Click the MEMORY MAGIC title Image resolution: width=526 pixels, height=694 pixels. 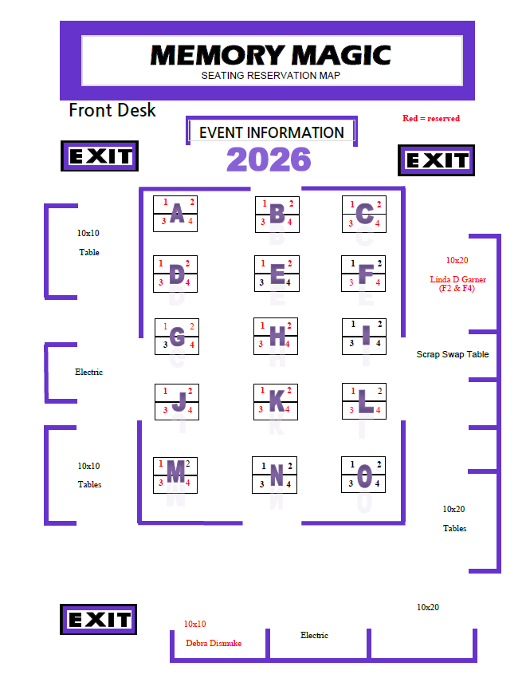(x=270, y=55)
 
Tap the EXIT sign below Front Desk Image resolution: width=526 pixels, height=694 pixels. (x=100, y=156)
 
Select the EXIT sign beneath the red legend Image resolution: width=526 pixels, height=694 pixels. (x=436, y=160)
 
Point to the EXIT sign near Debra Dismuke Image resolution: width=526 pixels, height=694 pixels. (x=99, y=619)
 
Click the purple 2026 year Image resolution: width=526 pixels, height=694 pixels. (x=269, y=160)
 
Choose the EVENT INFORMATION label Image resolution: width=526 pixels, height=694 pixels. (x=272, y=132)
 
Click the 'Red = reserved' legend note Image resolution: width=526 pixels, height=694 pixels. (x=431, y=118)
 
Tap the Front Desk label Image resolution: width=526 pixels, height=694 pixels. (x=112, y=110)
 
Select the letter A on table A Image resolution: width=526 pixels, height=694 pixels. (x=177, y=213)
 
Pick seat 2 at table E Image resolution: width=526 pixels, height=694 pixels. (x=289, y=263)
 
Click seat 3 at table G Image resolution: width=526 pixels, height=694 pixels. (x=165, y=345)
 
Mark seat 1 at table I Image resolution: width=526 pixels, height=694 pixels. (x=353, y=324)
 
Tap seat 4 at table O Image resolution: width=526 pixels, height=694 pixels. (x=377, y=483)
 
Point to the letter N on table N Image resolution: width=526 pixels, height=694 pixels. (x=277, y=475)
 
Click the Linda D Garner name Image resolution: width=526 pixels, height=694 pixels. (x=458, y=279)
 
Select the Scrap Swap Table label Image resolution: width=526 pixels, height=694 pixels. (x=453, y=354)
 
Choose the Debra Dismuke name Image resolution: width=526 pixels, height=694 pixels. (x=214, y=643)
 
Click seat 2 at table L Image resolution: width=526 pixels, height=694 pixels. (x=379, y=391)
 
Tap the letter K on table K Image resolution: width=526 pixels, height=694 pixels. (x=277, y=401)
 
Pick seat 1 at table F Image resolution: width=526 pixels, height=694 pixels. (x=353, y=263)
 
